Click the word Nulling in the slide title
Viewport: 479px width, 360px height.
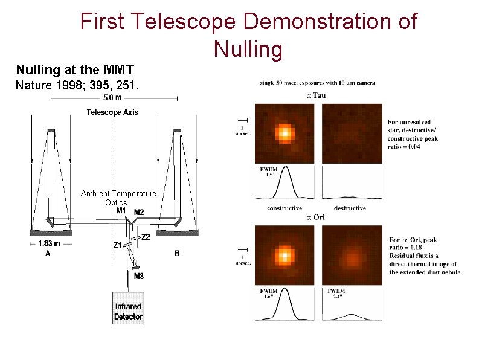[248, 48]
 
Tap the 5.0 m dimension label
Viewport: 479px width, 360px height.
[112, 98]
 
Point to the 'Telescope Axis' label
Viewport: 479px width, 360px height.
[112, 112]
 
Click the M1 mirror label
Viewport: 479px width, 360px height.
[121, 211]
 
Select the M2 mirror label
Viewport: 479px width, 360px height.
[139, 212]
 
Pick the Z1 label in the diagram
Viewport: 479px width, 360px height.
[118, 245]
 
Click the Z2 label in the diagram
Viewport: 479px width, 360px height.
[146, 237]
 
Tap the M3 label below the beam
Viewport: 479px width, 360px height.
[139, 276]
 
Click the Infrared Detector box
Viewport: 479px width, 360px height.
[128, 308]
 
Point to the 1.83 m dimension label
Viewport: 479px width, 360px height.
[49, 244]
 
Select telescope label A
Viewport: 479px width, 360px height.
[48, 254]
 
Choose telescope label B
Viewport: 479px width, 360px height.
[177, 254]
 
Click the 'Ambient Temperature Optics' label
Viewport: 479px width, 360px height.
[118, 198]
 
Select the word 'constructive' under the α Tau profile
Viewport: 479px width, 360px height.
[285, 208]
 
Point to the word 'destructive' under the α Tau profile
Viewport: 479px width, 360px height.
[350, 208]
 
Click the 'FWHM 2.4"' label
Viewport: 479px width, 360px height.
[336, 294]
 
